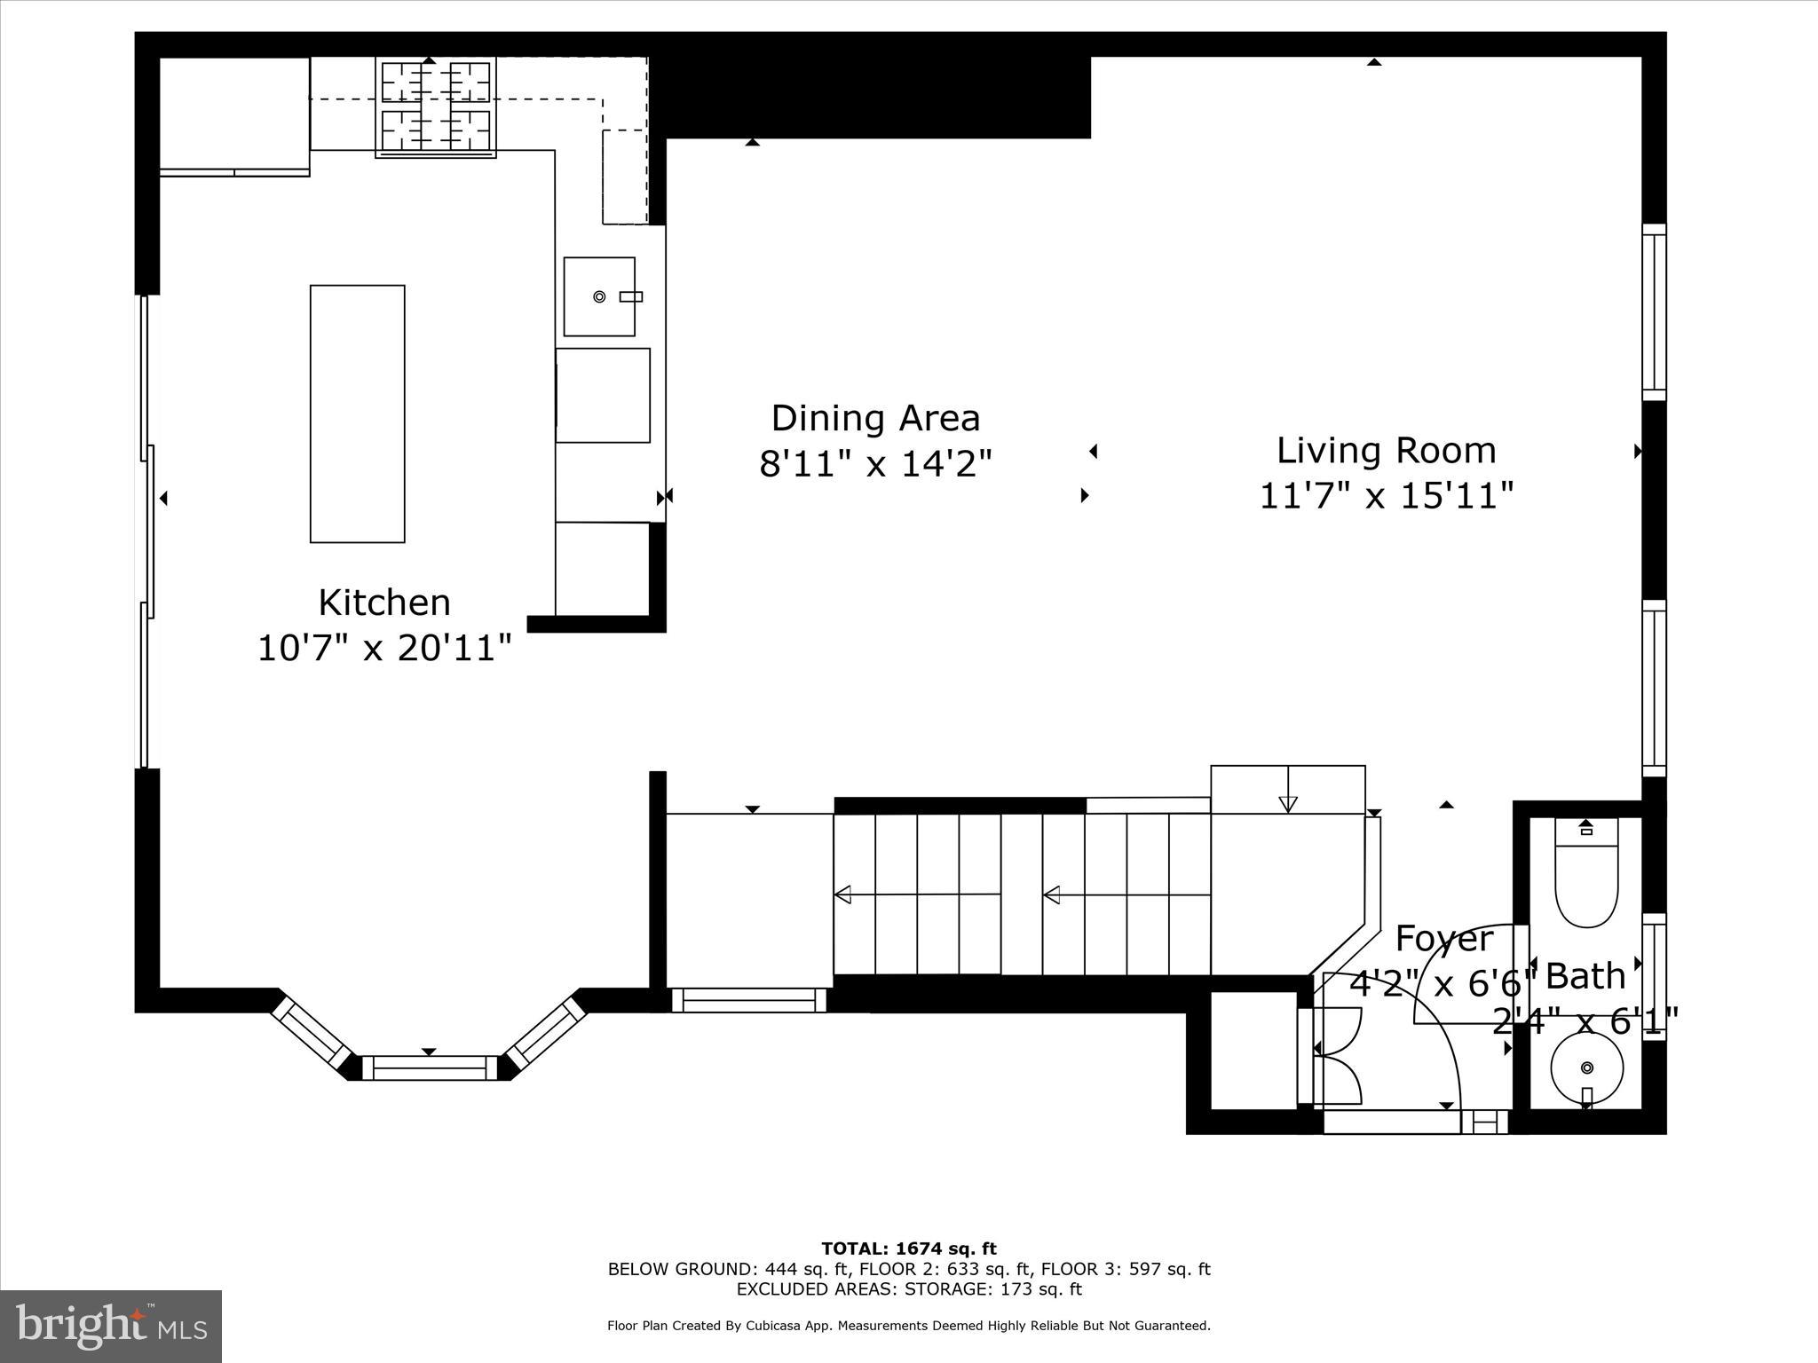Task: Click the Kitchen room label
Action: tap(384, 603)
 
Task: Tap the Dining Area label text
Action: tap(875, 418)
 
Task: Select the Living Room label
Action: tap(1386, 451)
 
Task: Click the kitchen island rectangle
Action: tap(357, 414)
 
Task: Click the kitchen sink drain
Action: tap(599, 296)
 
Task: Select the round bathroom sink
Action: tap(1586, 1068)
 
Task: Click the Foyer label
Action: tap(1444, 939)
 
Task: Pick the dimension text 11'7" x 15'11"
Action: tap(1386, 496)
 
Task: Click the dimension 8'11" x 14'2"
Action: tap(875, 463)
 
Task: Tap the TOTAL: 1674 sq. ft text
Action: tap(908, 1249)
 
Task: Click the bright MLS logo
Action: tap(111, 1327)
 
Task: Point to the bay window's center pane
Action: tap(430, 1068)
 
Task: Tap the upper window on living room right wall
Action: tap(1653, 311)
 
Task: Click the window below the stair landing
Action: tap(748, 1000)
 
